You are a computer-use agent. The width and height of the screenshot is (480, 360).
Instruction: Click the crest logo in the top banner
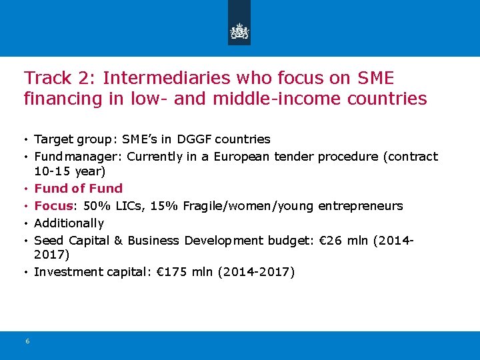click(239, 31)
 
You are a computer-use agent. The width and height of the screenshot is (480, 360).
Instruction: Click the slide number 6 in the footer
click(27, 341)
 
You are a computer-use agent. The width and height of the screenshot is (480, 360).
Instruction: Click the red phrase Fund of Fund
click(78, 189)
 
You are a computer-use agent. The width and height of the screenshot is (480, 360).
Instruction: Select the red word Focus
click(53, 205)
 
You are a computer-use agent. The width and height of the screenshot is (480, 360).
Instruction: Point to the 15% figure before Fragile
click(164, 205)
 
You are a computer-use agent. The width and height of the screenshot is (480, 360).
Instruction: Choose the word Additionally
click(69, 223)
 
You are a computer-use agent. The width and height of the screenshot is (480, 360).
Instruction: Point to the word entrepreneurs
click(361, 205)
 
